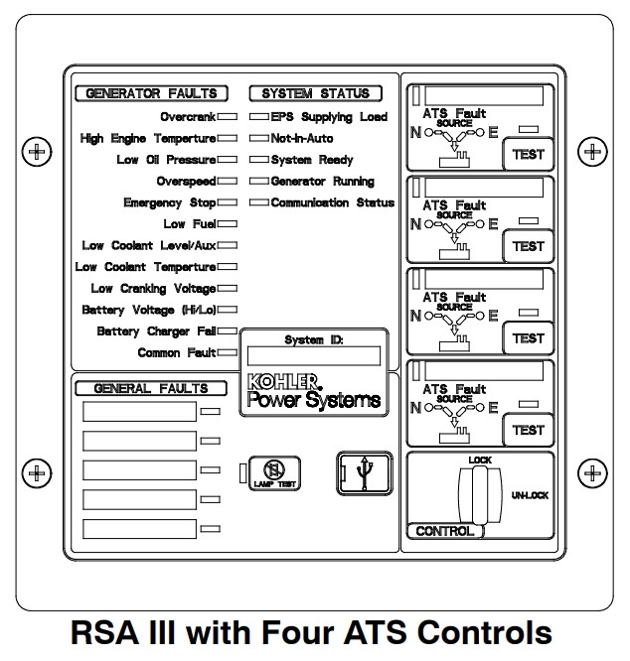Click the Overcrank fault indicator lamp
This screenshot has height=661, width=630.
228,117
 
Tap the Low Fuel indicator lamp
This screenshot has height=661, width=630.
228,224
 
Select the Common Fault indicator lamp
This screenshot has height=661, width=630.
228,352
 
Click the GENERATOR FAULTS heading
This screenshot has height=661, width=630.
152,94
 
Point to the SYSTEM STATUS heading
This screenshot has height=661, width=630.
315,94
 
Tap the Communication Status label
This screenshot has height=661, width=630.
332,202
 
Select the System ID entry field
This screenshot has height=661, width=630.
314,355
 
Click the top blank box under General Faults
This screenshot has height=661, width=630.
139,411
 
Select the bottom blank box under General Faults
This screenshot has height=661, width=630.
139,529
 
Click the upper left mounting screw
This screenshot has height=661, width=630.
37,152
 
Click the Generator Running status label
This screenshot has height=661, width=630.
322,182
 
